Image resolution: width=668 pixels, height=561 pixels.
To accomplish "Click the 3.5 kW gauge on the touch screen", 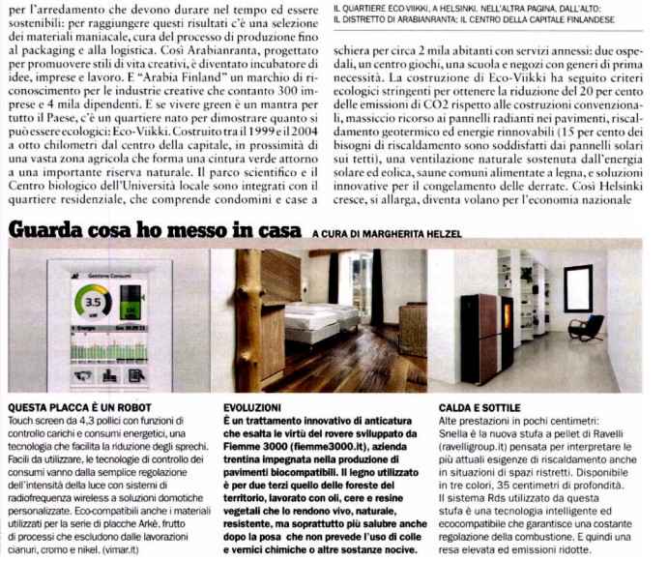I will [94, 303].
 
